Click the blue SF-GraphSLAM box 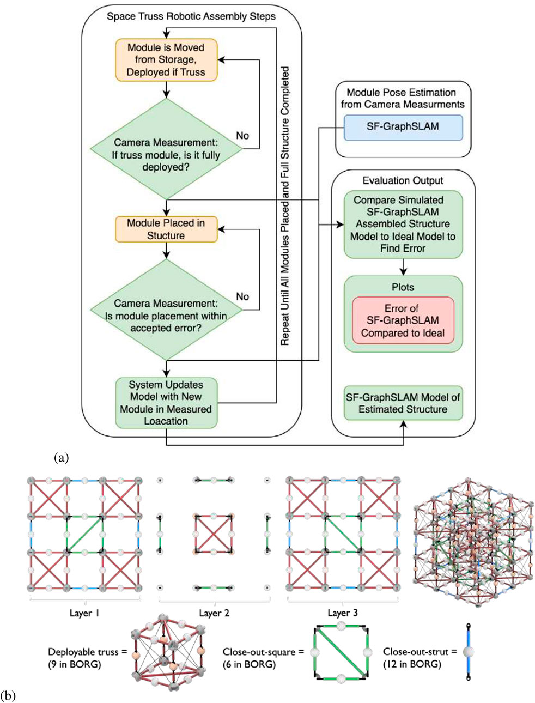(x=402, y=127)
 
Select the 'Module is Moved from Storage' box (x=166, y=60)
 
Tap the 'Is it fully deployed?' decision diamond (x=166, y=149)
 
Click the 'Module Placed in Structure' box (x=166, y=229)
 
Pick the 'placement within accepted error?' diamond (x=166, y=310)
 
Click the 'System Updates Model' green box (x=166, y=403)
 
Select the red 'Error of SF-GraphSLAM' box (x=403, y=320)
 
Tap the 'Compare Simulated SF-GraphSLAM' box (x=403, y=224)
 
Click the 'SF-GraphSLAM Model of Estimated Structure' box (x=403, y=403)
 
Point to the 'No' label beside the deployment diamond (x=242, y=135)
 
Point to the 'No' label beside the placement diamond (x=242, y=296)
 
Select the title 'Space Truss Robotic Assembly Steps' (x=191, y=16)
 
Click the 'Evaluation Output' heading (x=403, y=180)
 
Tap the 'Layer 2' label (x=214, y=613)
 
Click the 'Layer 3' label (x=342, y=613)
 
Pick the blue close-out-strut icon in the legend (x=468, y=652)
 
